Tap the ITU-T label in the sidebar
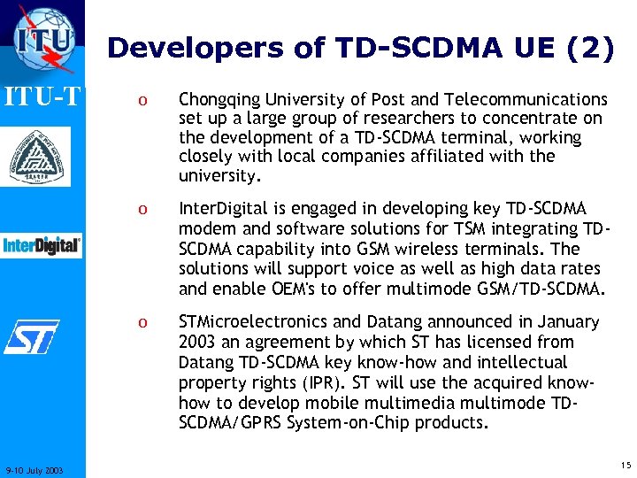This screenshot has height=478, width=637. [42, 94]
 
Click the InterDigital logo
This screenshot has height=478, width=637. [42, 245]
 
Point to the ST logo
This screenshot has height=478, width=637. [32, 336]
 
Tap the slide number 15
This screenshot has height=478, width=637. [625, 465]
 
